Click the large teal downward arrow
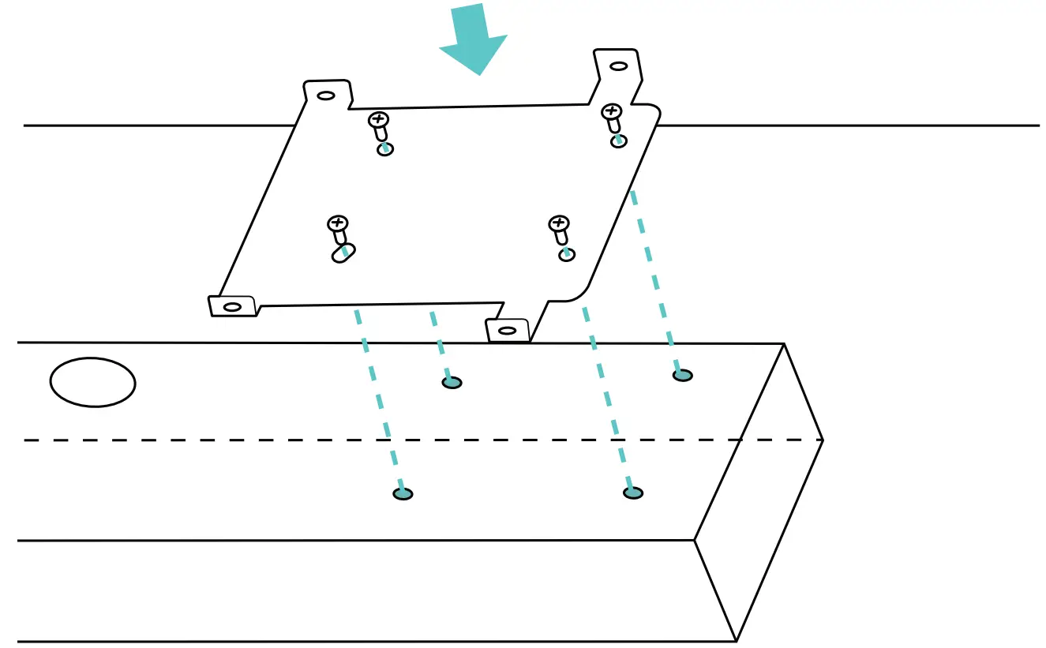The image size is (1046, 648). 474,39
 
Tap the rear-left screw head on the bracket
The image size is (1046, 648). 379,120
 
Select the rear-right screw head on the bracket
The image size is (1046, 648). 611,111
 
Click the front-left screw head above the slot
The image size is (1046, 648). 338,223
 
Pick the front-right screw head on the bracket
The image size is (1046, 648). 559,223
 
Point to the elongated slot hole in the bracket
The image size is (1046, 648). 343,253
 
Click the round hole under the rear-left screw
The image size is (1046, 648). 385,149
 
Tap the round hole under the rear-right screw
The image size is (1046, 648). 619,141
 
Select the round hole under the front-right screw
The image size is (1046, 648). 566,254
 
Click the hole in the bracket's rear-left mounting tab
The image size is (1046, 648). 325,96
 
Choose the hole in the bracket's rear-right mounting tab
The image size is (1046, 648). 619,66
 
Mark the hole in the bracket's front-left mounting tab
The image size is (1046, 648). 232,306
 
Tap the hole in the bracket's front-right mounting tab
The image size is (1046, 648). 508,330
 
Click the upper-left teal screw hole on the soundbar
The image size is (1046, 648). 452,383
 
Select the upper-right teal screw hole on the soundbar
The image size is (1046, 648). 683,375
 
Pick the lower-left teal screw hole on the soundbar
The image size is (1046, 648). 403,494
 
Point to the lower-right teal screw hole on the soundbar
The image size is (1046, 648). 632,493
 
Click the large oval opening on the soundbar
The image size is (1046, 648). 92,383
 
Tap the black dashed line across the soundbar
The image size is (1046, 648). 237,440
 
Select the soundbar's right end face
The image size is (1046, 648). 758,489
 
